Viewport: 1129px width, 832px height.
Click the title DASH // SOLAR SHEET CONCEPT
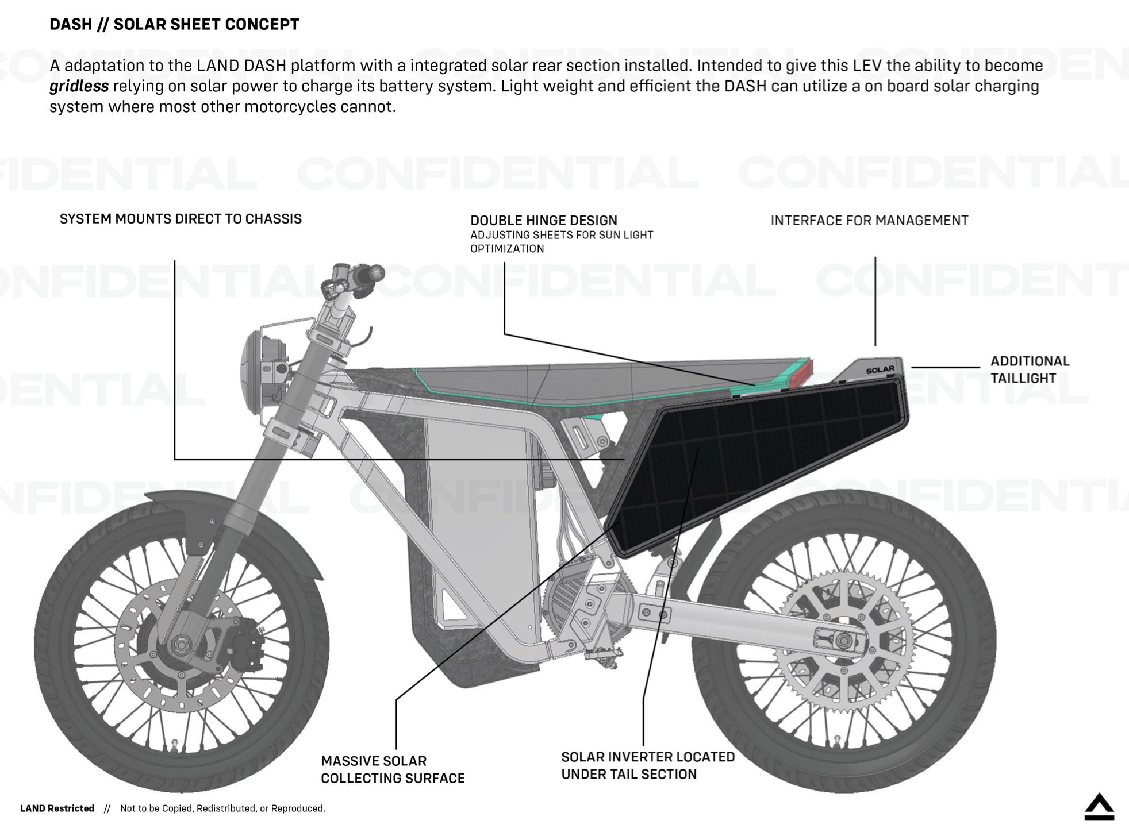(x=174, y=24)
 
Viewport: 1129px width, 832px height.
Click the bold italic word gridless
(x=79, y=86)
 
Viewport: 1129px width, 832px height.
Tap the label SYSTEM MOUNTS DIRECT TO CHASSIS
(x=181, y=219)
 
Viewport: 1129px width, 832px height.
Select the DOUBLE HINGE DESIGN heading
(x=544, y=221)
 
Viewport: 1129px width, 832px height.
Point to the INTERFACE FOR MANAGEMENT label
(x=869, y=221)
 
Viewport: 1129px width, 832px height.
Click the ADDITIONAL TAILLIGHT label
(x=1030, y=369)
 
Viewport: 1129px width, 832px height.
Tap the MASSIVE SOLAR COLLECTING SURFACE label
(x=393, y=769)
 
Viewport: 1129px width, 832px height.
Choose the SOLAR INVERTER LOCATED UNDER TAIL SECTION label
(x=648, y=765)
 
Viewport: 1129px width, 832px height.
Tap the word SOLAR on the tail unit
(x=880, y=370)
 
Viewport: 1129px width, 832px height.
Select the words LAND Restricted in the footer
(x=57, y=808)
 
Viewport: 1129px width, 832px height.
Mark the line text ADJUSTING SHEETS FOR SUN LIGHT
(x=562, y=235)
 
